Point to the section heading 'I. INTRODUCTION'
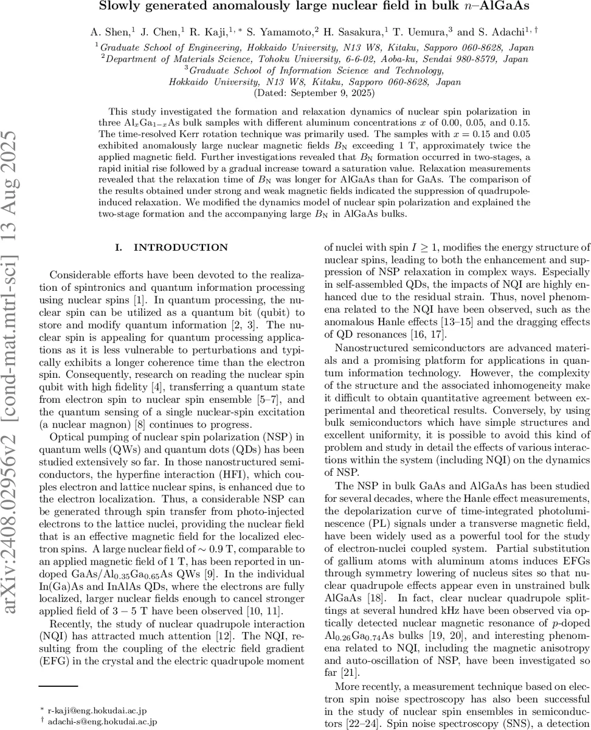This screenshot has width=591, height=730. tap(171, 248)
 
